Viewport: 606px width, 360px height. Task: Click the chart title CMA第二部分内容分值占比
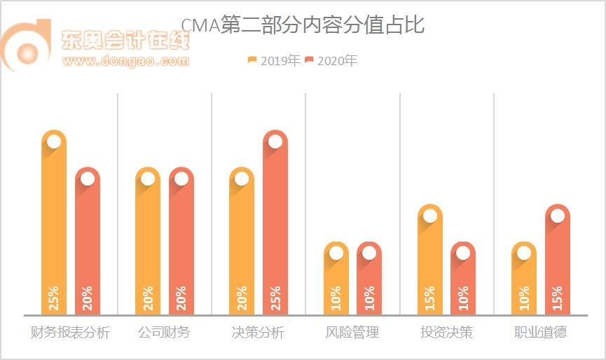click(303, 26)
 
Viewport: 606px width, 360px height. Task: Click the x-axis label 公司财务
click(164, 332)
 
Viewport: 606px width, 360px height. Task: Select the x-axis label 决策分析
click(258, 332)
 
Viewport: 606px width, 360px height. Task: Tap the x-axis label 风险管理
click(352, 332)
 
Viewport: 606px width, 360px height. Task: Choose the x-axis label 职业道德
click(540, 332)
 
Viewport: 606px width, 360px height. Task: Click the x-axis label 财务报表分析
click(71, 332)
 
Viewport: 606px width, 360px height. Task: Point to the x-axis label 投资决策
click(446, 332)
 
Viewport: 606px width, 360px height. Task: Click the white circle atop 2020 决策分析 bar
click(275, 141)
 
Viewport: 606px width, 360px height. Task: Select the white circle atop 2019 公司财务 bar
click(148, 179)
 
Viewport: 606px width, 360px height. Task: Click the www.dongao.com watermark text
click(125, 61)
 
